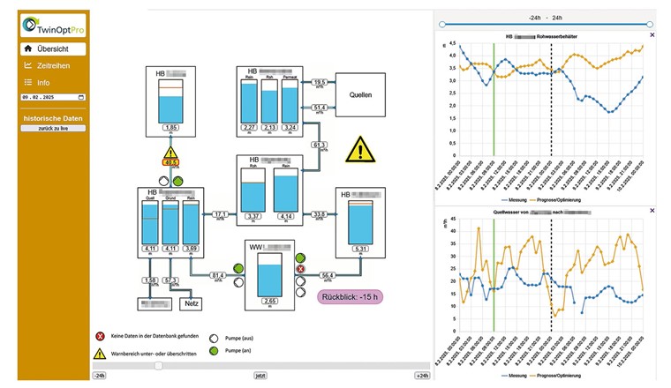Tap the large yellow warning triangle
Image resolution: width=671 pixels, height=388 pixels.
click(x=359, y=149)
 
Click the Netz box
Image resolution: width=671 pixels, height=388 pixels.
click(x=191, y=303)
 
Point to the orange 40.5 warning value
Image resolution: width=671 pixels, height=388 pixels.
click(x=170, y=162)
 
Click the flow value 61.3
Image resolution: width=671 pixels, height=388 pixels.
click(x=320, y=145)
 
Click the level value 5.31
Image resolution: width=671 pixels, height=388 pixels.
click(x=359, y=250)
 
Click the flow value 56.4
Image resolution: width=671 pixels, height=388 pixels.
click(x=328, y=277)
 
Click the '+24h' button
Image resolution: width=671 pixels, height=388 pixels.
click(x=421, y=376)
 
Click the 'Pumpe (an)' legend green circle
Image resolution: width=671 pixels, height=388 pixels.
click(x=214, y=352)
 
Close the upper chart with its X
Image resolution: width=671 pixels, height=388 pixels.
click(x=652, y=35)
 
